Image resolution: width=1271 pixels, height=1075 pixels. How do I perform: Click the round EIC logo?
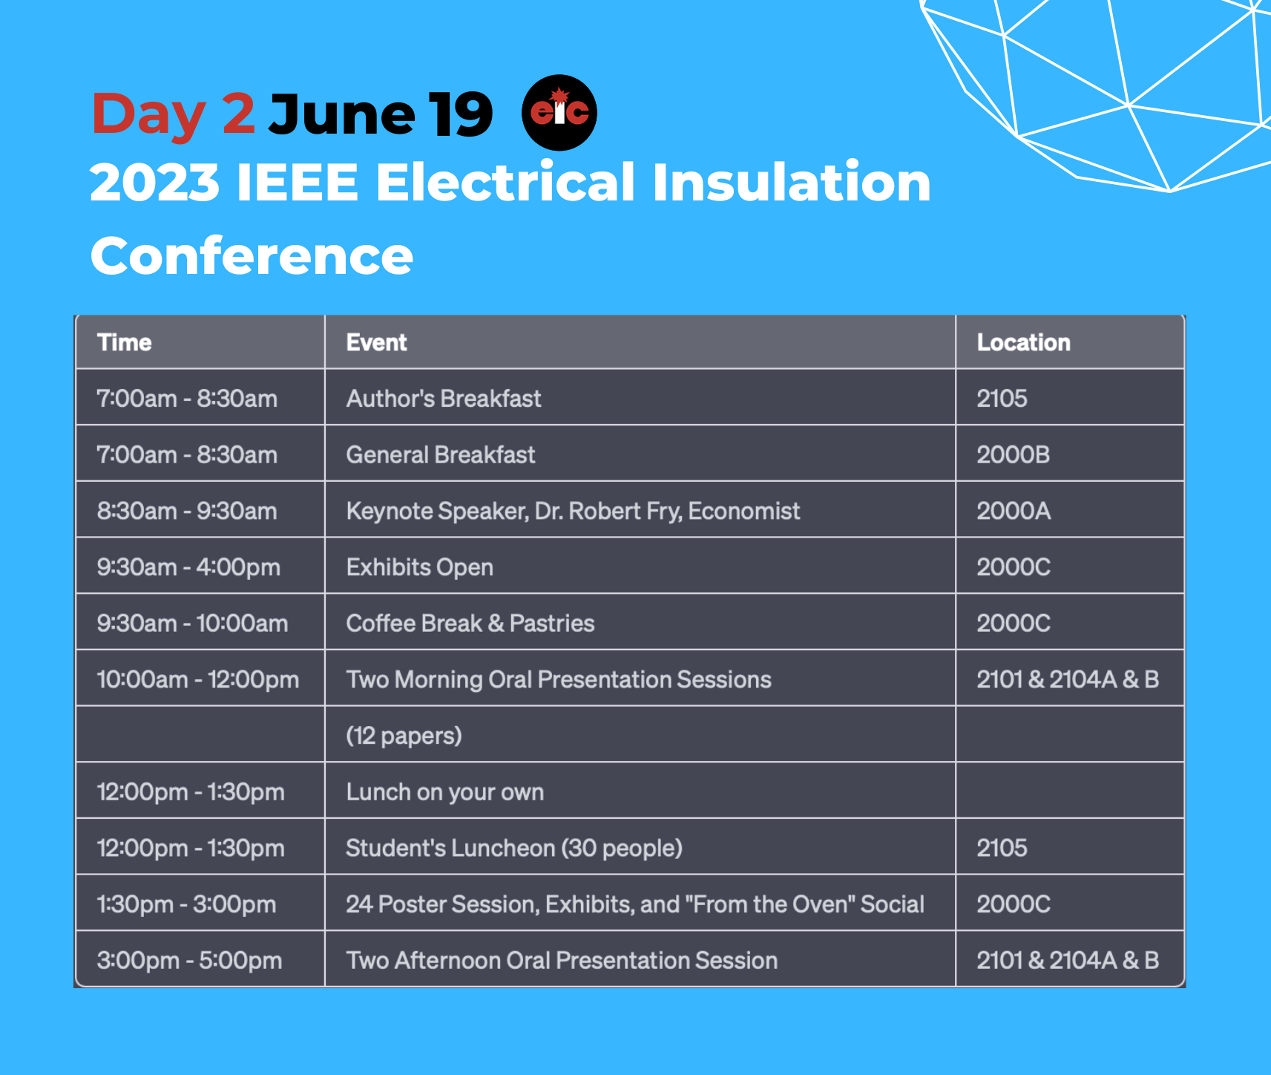coord(559,113)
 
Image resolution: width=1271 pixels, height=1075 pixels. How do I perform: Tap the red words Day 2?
coord(174,114)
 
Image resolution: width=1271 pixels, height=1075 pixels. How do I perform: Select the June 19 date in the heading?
coord(381,114)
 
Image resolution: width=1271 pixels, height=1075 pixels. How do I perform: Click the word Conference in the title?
coord(252,255)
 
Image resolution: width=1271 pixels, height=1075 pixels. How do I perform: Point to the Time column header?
coord(125,342)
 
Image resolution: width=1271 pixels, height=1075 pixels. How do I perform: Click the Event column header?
coord(377,342)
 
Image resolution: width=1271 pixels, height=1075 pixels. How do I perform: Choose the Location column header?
coord(1024,342)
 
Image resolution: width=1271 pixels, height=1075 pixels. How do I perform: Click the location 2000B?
coord(1014,454)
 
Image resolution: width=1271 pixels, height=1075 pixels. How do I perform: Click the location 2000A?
coord(1014,511)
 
